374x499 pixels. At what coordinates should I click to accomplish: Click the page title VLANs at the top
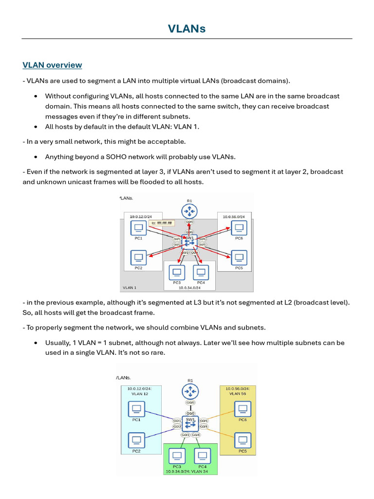click(x=187, y=29)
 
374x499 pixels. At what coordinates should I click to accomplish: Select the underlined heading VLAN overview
click(x=52, y=65)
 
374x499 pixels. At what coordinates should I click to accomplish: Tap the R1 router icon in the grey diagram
click(x=189, y=211)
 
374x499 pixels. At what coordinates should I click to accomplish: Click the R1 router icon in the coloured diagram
click(x=190, y=391)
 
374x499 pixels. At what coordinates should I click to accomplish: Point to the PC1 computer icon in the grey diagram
click(x=138, y=228)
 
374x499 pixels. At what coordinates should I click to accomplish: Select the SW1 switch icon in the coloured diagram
click(x=190, y=423)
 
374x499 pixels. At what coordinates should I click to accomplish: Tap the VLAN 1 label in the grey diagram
click(x=130, y=288)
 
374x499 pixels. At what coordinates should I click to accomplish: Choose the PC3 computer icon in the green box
click(x=177, y=456)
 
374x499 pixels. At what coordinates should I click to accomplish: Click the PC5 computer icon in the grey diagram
click(x=239, y=256)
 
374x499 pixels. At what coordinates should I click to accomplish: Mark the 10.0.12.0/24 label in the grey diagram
click(x=141, y=216)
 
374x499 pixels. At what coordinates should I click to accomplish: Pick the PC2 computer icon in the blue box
click(x=136, y=440)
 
